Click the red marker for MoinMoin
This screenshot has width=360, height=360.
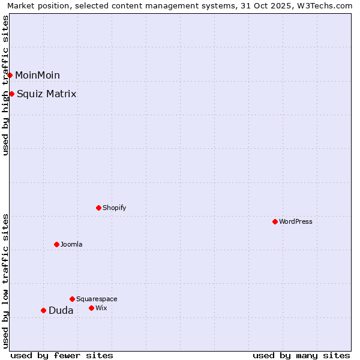[x=10, y=75]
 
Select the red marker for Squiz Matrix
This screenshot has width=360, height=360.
[x=12, y=94]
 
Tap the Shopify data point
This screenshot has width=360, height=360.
[x=98, y=208]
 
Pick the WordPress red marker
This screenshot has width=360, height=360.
[x=275, y=221]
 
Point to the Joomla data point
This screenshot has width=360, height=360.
[x=56, y=244]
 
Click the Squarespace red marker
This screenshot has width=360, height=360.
[x=72, y=299]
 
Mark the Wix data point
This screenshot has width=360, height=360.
[x=91, y=308]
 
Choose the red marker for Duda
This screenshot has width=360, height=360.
[x=43, y=310]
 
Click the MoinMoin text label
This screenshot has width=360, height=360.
[x=37, y=75]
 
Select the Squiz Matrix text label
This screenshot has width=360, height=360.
[x=47, y=94]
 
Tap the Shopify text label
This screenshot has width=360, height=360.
[x=114, y=208]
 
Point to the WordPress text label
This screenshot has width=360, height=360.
[x=296, y=221]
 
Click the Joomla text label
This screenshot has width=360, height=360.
[x=71, y=244]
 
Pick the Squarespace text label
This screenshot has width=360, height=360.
[x=97, y=299]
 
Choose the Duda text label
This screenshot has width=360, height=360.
[x=61, y=310]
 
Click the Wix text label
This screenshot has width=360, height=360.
[x=101, y=308]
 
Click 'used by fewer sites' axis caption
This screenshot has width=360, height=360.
[x=62, y=355]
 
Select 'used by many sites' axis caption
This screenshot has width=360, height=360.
[x=301, y=355]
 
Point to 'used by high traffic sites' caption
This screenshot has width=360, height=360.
[x=6, y=85]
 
